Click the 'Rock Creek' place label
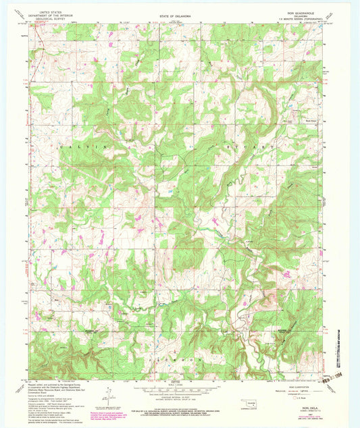tap(311, 120)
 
